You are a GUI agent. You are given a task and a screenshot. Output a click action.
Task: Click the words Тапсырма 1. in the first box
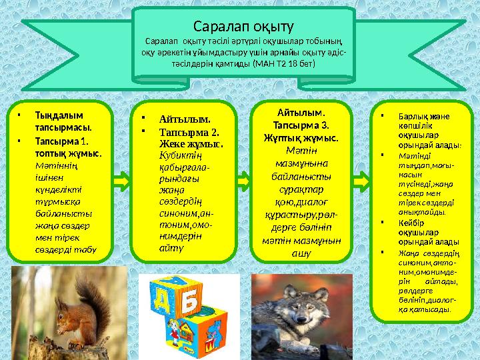tap(61, 141)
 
